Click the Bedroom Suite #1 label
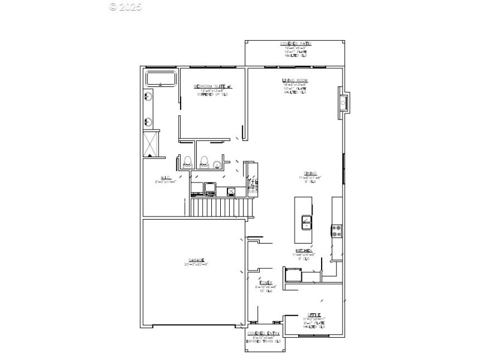(212, 87)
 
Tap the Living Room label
(295, 80)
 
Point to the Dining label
(310, 175)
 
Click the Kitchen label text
(302, 250)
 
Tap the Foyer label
(266, 283)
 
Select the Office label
(314, 315)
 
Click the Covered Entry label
(264, 334)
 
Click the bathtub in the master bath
(160, 79)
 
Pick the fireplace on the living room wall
(344, 103)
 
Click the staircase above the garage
(218, 208)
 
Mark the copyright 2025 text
(125, 7)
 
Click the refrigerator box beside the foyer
(293, 275)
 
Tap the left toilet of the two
(187, 161)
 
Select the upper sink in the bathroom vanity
(148, 97)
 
